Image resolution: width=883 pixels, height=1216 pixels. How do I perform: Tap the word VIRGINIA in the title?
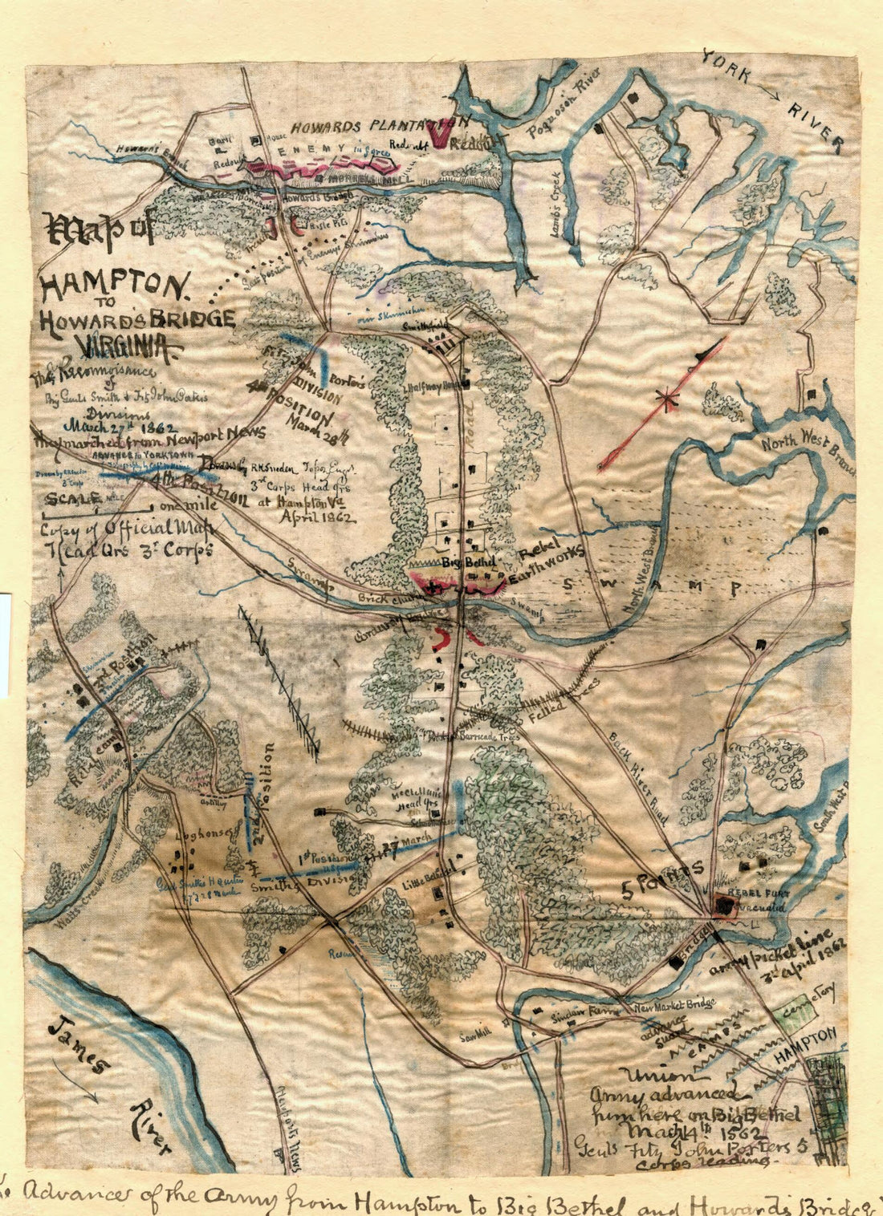click(128, 347)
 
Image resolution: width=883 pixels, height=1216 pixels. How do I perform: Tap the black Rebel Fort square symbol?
click(726, 906)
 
